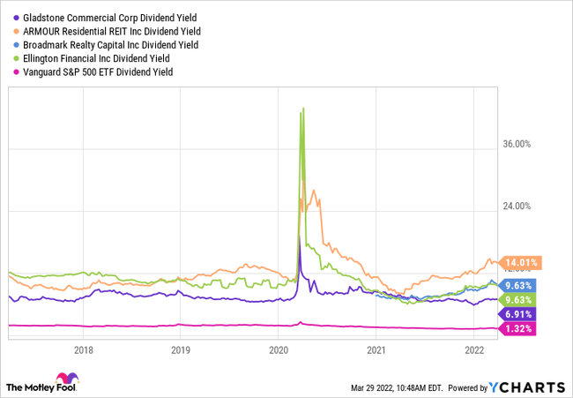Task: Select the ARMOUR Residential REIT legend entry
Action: point(110,31)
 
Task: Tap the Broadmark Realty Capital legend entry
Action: point(110,44)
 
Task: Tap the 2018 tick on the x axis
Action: point(83,349)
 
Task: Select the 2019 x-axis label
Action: point(180,349)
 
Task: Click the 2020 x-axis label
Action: point(278,349)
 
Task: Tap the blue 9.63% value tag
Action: point(521,285)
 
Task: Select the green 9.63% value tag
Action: point(521,299)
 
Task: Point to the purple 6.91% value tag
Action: point(521,314)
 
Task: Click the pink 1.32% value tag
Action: point(521,328)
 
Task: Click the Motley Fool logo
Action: point(41,387)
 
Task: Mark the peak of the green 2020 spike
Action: point(303,109)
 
